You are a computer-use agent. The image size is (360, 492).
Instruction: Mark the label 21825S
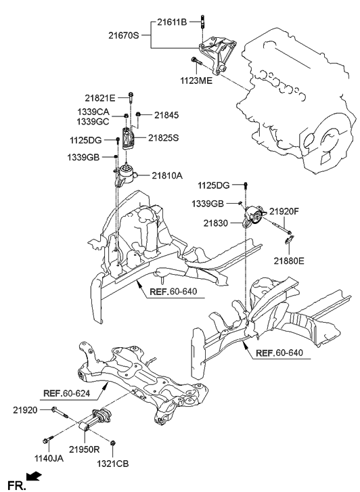pos(162,139)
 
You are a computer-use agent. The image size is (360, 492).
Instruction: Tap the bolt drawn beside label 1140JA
pos(48,441)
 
